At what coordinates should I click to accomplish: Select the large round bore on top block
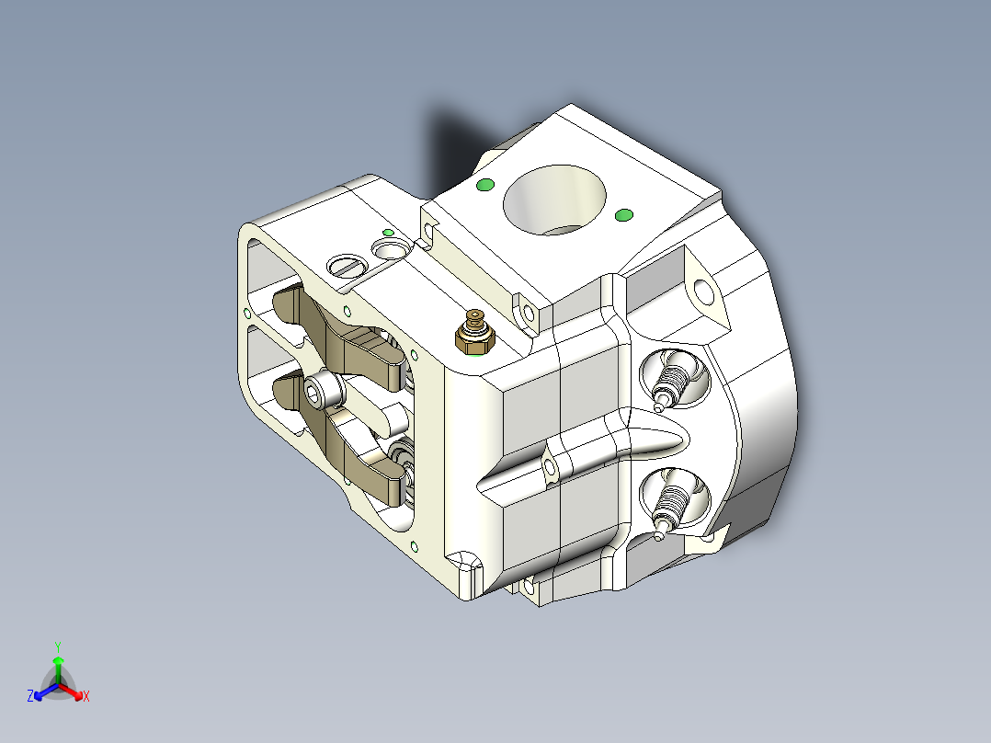pos(555,200)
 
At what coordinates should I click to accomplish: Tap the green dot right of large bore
pos(623,215)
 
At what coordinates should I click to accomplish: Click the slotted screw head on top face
pos(346,266)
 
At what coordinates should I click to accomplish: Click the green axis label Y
pos(57,646)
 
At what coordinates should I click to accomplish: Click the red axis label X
pos(86,697)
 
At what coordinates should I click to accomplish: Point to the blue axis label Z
pos(30,697)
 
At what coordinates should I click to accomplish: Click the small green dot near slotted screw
pos(388,232)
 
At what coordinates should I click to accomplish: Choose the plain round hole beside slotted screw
pos(390,248)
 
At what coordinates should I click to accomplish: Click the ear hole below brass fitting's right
pos(530,314)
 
